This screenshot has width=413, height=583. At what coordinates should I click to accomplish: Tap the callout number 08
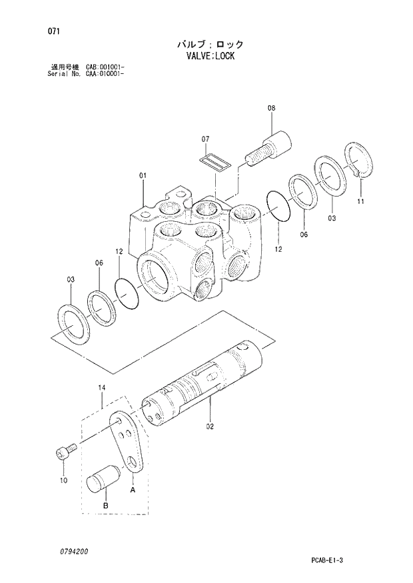(x=271, y=108)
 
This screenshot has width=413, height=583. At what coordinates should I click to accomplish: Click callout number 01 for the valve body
(x=143, y=176)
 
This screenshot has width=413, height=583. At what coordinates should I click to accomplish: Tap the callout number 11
(x=360, y=201)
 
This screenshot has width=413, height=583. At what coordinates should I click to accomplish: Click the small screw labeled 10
(x=61, y=454)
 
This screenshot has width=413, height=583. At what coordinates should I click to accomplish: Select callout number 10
(x=64, y=479)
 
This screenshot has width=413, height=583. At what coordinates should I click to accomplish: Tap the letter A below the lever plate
(x=132, y=490)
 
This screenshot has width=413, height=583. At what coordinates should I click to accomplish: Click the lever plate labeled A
(x=127, y=443)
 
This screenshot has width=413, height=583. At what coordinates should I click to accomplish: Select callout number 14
(x=102, y=387)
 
